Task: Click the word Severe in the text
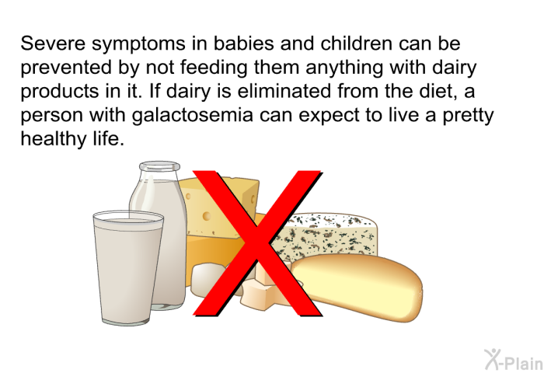(53, 44)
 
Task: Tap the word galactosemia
(193, 115)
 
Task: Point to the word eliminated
(284, 91)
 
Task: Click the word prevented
(66, 68)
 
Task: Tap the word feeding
(214, 68)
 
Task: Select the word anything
(344, 68)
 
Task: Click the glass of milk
(127, 268)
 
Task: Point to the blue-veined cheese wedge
(330, 236)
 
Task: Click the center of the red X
(257, 243)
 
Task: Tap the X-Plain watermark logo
(514, 360)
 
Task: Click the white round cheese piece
(208, 280)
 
